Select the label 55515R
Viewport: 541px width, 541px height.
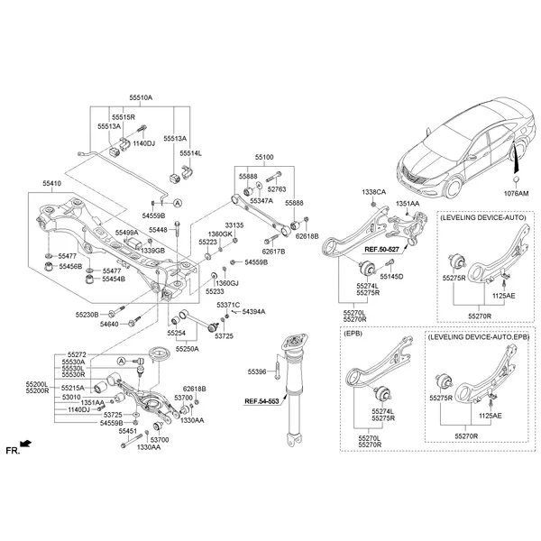123,117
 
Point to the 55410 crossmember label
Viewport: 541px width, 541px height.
51,183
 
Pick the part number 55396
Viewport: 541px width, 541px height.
257,371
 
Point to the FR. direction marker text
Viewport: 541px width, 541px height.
12,448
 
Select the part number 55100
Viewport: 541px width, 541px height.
265,156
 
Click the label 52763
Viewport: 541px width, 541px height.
276,189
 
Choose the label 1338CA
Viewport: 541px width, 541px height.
373,192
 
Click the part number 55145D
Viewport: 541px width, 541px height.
391,276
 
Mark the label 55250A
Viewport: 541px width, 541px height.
188,347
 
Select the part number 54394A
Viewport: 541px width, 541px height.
253,311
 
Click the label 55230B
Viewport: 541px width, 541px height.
87,314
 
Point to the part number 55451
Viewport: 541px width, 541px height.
128,431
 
